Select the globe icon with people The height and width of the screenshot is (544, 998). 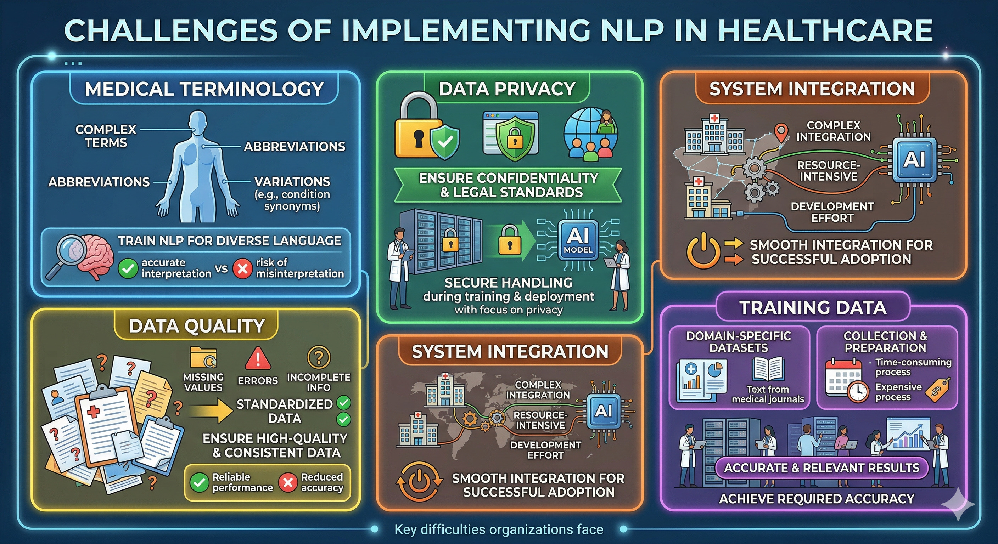[x=590, y=134]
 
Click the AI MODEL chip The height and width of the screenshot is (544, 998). [x=577, y=240]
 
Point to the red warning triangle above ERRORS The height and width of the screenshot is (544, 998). [x=257, y=358]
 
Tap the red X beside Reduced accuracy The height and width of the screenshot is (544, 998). [x=288, y=482]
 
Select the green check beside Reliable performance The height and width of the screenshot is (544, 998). [x=200, y=482]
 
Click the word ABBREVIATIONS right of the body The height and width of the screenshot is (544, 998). [x=295, y=146]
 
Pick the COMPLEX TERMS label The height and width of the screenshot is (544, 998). [x=106, y=136]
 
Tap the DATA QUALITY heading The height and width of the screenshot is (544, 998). [x=197, y=326]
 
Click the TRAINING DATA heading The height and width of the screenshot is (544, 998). [x=813, y=308]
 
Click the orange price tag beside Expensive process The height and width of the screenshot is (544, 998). [x=937, y=390]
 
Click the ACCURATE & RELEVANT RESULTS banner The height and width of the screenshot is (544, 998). [x=822, y=468]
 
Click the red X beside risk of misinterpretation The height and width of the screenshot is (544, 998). [x=242, y=268]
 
